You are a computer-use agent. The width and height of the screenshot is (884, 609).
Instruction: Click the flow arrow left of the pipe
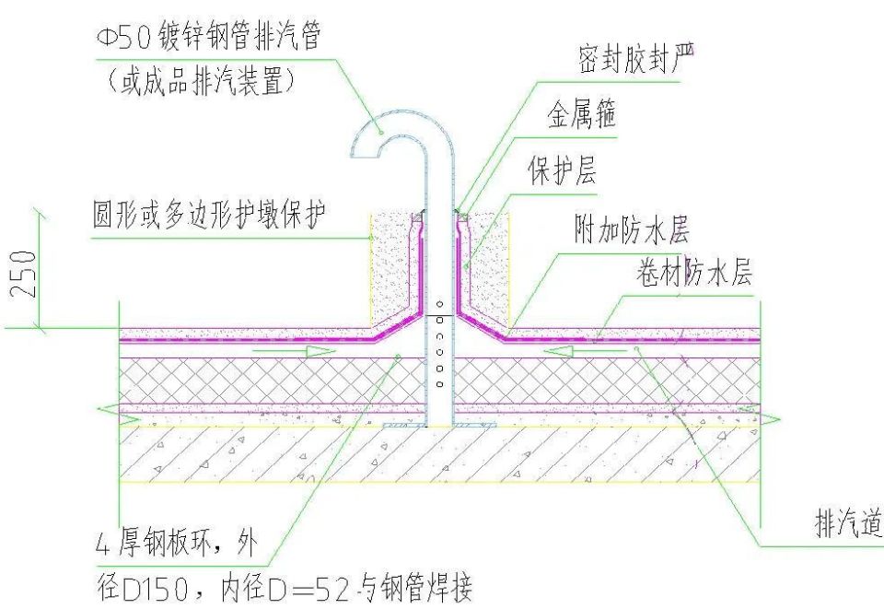click(286, 351)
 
